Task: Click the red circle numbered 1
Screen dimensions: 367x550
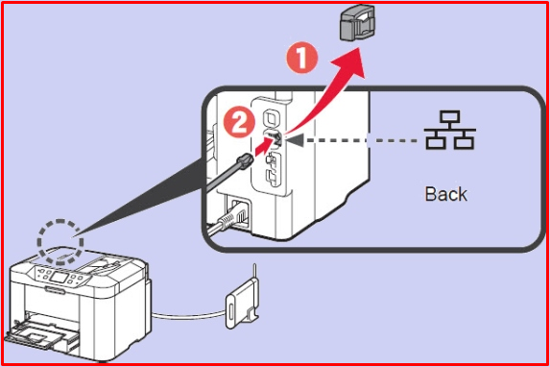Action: [x=303, y=60]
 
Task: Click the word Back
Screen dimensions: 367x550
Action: [x=445, y=193]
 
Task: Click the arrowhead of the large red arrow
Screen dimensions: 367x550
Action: [x=353, y=64]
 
